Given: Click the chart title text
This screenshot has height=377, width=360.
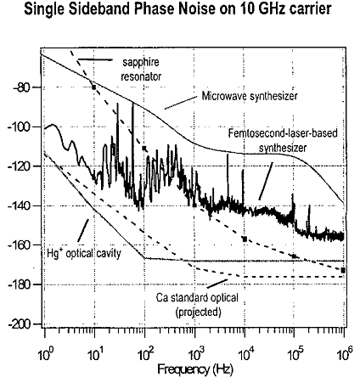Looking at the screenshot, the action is click(x=177, y=8).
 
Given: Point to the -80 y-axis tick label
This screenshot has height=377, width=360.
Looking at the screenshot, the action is click(x=21, y=87).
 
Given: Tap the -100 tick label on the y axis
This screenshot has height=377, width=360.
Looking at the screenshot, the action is click(x=19, y=127).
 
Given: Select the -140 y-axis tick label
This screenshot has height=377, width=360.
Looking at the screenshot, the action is click(x=19, y=205).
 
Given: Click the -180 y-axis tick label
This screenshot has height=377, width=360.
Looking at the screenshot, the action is click(x=19, y=284).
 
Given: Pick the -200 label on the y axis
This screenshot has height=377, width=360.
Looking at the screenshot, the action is click(x=19, y=324).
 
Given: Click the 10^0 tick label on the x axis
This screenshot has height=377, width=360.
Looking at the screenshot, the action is click(x=45, y=353).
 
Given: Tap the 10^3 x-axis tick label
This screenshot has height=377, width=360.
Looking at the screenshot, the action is click(x=195, y=353).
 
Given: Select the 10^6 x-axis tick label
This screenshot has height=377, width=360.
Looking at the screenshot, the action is click(x=345, y=353).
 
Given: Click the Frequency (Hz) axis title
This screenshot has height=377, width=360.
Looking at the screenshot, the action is click(x=195, y=369).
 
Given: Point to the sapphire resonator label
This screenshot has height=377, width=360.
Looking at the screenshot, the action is click(x=141, y=70).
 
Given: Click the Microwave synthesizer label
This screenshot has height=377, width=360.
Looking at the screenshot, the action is click(x=250, y=96).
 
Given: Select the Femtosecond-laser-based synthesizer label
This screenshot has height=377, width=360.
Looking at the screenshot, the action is click(x=283, y=140).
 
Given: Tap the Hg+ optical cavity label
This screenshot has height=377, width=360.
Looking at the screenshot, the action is click(x=84, y=253).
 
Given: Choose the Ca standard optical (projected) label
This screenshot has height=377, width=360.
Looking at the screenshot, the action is click(x=198, y=305).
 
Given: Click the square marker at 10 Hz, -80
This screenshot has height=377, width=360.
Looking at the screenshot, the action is click(x=94, y=87).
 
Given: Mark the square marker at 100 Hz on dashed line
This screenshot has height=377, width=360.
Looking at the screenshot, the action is click(x=144, y=148).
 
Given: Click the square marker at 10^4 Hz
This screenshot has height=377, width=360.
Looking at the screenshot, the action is click(x=245, y=239).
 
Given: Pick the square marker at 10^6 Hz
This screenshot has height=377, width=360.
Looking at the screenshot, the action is click(x=343, y=270).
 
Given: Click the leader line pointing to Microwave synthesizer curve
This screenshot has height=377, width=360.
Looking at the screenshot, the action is click(x=181, y=103).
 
